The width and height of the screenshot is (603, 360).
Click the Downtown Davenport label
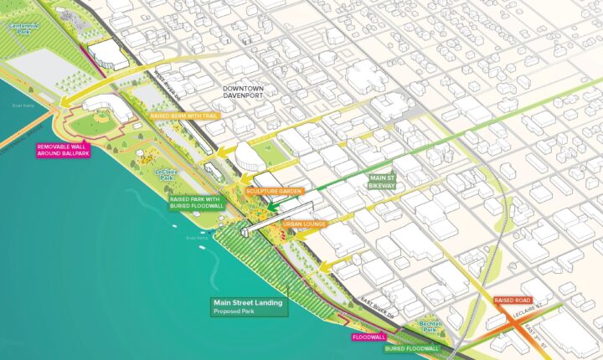pyautogui.click(x=243, y=91)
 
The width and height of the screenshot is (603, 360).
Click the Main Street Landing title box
pyautogui.click(x=249, y=304)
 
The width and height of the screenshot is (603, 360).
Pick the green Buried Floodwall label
pyautogui.click(x=411, y=347)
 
